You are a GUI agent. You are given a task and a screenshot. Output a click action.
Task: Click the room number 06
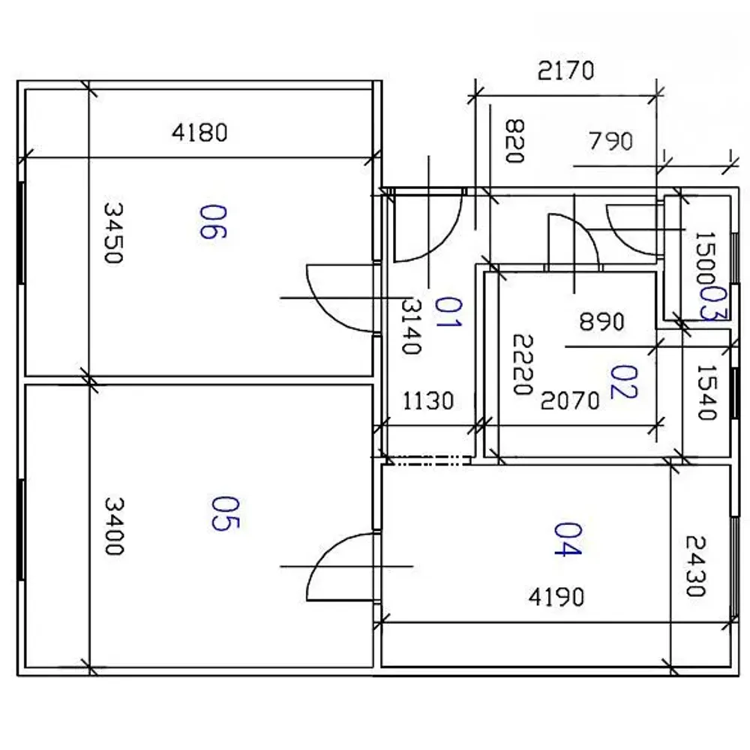pos(213,221)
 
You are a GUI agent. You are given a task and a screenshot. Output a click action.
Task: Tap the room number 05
pos(225,513)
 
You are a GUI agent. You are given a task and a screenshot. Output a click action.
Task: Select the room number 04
pos(568,539)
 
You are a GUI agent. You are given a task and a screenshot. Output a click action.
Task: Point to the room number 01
pos(448,312)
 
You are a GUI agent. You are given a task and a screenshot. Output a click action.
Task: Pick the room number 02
pos(624,382)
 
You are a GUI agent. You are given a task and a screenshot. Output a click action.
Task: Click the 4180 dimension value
pos(199,133)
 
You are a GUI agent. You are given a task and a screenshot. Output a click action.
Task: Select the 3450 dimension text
pos(113,233)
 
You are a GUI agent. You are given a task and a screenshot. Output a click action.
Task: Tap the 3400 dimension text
pos(114,526)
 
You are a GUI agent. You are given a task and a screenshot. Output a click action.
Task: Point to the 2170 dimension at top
pos(565,70)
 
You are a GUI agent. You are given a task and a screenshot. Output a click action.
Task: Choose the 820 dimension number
pos(514,141)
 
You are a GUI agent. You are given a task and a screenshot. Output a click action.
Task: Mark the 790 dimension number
pos(610,141)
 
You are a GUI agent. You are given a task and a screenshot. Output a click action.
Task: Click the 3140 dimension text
pos(411,326)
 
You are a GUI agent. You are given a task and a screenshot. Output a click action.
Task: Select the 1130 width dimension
pos(428,400)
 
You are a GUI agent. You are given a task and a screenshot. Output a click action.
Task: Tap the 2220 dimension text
pos(522,364)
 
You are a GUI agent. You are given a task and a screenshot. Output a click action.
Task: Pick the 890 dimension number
pos(601,322)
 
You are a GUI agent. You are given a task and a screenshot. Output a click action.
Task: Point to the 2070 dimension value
pos(570,400)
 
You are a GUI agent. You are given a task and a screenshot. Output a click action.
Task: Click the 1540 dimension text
pos(706,393)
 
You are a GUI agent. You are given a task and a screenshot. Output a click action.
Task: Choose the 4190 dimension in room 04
pos(556,597)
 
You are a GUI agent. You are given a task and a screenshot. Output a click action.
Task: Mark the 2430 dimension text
pos(696,566)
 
